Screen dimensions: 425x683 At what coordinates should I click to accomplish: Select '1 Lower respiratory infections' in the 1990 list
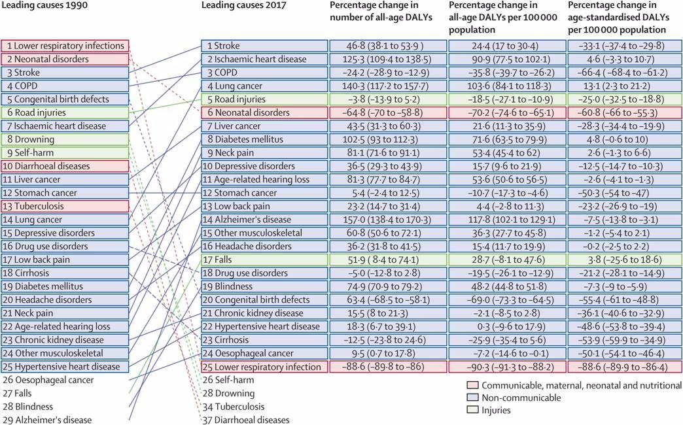65,46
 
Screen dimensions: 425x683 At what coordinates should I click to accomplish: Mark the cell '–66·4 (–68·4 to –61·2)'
617,73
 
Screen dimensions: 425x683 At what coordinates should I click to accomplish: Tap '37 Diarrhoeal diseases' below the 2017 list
246,420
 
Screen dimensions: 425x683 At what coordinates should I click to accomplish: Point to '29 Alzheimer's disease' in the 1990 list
46,420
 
